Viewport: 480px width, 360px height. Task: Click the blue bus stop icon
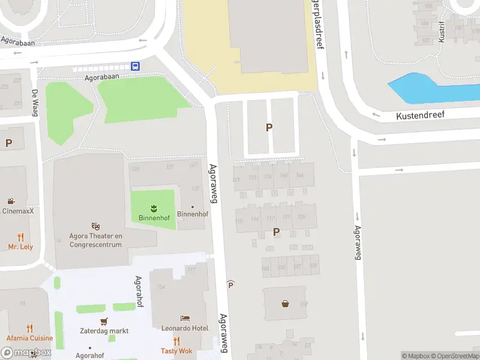tap(136, 67)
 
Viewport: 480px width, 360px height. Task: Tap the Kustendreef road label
tap(420, 114)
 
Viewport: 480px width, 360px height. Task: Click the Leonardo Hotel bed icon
tap(185, 318)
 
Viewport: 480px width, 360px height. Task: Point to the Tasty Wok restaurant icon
tap(176, 341)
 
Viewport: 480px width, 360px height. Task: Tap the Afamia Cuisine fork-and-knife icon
tap(30, 328)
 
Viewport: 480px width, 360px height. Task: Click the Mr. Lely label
tap(20, 247)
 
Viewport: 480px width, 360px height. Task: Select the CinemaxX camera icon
tap(11, 201)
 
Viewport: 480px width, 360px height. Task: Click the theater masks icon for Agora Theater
tap(96, 226)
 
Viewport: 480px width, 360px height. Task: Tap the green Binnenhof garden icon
tap(154, 208)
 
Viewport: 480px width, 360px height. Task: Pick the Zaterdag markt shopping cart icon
tap(104, 320)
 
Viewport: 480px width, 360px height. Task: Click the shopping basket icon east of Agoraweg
tap(285, 303)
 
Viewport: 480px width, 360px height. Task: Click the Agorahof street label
tap(139, 291)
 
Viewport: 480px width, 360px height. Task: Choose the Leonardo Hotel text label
tap(184, 328)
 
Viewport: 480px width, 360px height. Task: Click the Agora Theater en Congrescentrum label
tap(96, 240)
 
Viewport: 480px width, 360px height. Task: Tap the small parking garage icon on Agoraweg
tap(230, 284)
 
